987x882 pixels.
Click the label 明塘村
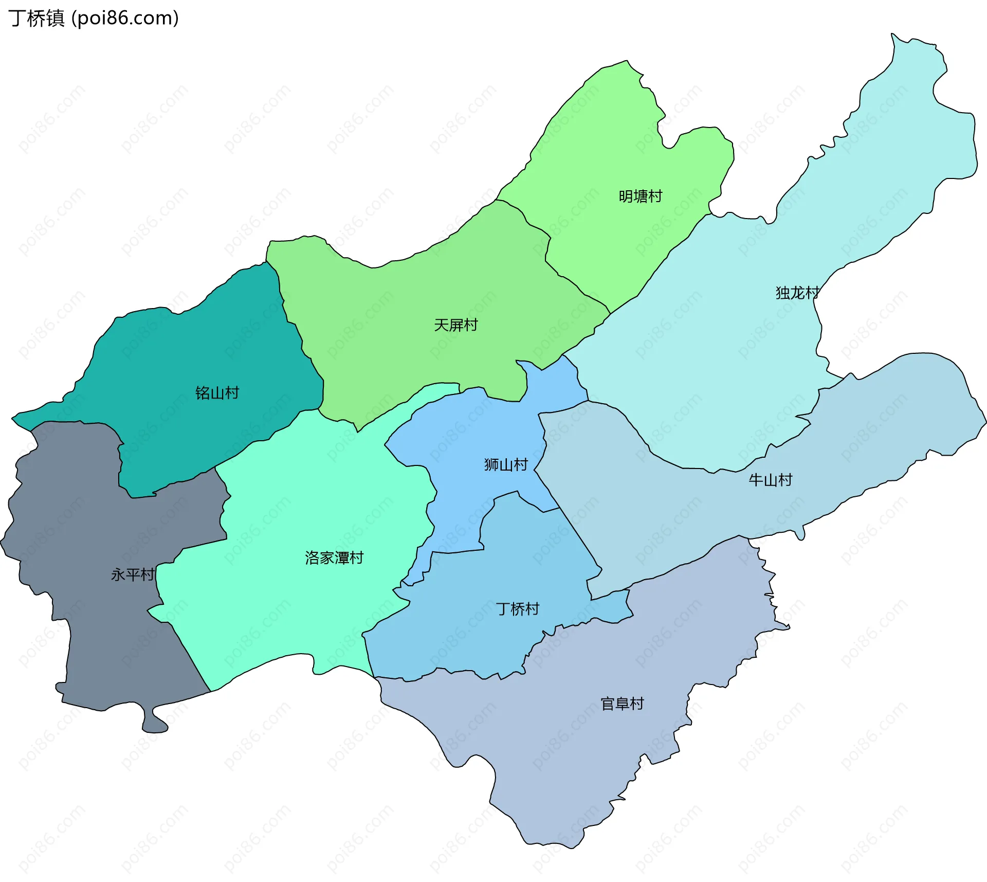[640, 196]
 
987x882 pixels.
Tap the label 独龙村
[797, 293]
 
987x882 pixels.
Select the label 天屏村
[455, 325]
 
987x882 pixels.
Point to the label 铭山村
[217, 393]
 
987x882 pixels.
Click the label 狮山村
[506, 465]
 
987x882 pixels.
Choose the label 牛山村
[770, 480]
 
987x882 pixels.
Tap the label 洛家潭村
[334, 557]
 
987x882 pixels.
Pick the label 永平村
[133, 574]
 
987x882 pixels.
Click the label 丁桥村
[517, 609]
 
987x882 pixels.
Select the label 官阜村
[622, 704]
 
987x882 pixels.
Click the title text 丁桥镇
[36, 18]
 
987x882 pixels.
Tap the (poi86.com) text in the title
[125, 18]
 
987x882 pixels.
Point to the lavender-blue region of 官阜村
[565, 761]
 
